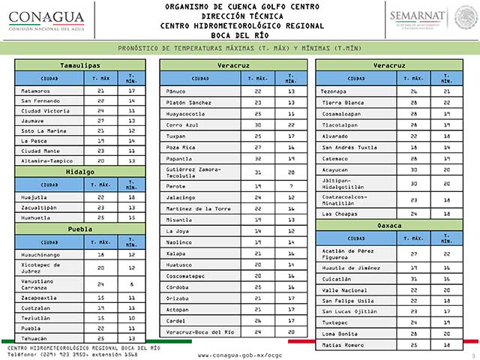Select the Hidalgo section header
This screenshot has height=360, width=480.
click(79, 171)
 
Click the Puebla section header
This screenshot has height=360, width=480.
click(79, 229)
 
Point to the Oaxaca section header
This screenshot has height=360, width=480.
click(390, 225)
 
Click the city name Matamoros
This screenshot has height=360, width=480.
click(35, 90)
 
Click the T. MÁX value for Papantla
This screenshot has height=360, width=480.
click(258, 158)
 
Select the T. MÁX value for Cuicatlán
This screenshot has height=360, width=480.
click(414, 277)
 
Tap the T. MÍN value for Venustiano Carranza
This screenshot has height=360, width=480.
click(131, 285)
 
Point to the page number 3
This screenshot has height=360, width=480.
click(473, 353)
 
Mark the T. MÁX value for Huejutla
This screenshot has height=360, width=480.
click(100, 197)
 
